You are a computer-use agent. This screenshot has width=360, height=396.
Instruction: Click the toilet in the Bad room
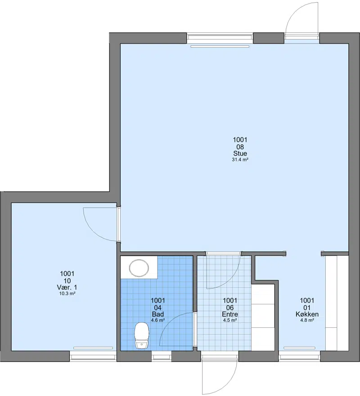coord(142,336)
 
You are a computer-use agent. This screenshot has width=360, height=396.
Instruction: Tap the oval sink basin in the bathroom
coord(139,268)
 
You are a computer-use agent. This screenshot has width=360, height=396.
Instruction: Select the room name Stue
coord(240,154)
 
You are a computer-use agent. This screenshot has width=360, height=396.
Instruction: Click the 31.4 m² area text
coord(240,160)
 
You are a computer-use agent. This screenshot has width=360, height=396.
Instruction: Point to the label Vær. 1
coord(67,287)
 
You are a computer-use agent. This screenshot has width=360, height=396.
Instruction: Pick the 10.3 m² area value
coord(67,294)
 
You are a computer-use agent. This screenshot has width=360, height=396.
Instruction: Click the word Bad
coord(158,314)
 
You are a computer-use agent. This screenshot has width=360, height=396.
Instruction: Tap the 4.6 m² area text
coord(158,320)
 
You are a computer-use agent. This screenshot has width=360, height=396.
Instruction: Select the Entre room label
coord(230,314)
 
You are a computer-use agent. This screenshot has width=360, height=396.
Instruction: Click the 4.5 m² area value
coord(230,320)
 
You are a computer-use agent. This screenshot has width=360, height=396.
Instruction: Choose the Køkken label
coord(307,314)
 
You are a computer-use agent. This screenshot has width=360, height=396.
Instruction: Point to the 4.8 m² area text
coord(307,320)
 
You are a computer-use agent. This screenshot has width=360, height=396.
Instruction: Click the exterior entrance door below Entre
coord(220,376)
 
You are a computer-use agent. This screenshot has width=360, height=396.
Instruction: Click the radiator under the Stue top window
coord(220,46)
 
